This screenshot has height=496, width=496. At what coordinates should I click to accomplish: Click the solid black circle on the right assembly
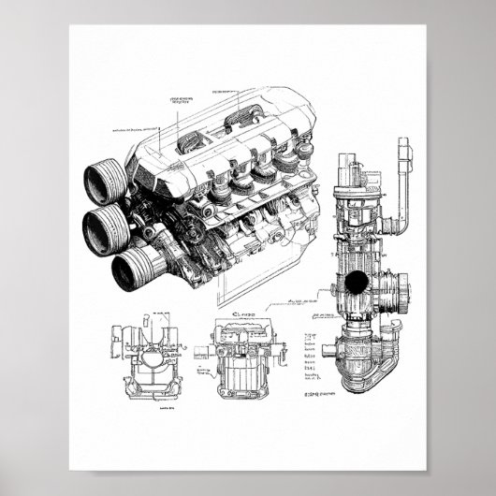[356, 284]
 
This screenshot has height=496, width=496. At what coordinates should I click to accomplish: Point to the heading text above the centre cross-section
[242, 314]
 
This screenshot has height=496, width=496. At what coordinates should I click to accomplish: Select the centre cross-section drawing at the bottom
[241, 360]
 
